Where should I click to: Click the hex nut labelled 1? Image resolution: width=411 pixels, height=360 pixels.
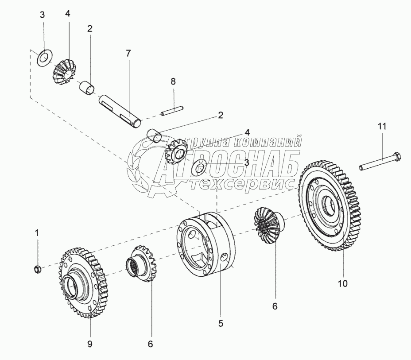coord(38,269)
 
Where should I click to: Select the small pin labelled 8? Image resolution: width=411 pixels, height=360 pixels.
coord(172,110)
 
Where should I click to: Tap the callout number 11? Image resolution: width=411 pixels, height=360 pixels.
coord(382,126)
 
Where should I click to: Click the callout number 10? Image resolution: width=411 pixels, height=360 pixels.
coord(343,283)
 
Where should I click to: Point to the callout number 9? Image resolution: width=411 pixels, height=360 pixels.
coord(90,344)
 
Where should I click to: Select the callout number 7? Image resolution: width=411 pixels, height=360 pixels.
coord(128,53)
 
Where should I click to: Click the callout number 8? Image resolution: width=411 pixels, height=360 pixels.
coord(173,81)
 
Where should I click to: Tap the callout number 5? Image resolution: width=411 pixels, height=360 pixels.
coord(221,324)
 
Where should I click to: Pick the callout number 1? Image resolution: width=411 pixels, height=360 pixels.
coord(37,232)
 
